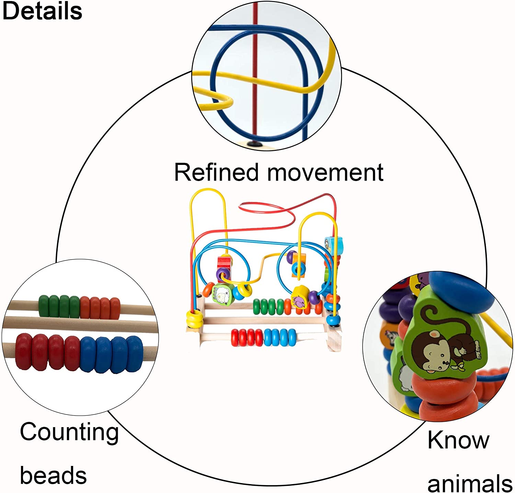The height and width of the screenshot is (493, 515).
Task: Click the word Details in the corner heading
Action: click(x=42, y=11)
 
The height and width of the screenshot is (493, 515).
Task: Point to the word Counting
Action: click(x=69, y=433)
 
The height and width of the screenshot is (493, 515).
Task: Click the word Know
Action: click(x=458, y=440)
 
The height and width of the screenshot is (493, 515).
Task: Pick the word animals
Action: click(x=469, y=483)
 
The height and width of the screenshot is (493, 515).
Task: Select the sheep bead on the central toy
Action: click(x=222, y=293)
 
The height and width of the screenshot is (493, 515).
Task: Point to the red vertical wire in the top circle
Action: click(x=255, y=69)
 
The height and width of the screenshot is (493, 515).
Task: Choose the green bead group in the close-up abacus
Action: click(x=59, y=306)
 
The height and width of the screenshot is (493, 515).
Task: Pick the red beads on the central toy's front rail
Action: click(x=247, y=338)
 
